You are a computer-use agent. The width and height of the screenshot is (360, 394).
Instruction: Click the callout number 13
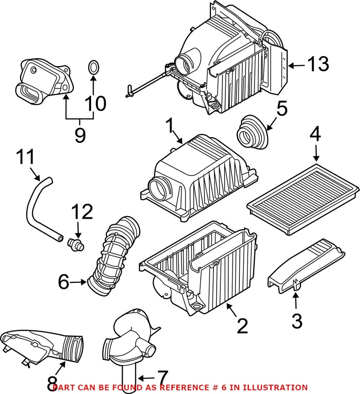click(x=318, y=64)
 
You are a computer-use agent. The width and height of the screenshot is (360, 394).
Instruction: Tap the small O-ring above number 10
click(x=93, y=68)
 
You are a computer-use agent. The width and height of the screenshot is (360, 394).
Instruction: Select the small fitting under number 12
click(x=76, y=245)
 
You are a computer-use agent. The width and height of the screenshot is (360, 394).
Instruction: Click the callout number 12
click(x=82, y=212)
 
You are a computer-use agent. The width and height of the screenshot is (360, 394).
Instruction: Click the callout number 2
click(x=242, y=326)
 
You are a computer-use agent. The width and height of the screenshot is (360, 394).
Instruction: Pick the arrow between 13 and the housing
click(x=297, y=66)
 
